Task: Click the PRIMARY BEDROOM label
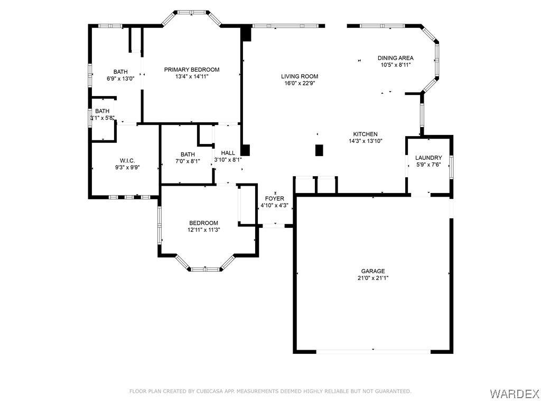click(191, 70)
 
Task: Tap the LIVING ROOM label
click(300, 76)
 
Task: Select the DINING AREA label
click(395, 58)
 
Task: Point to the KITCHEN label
click(366, 134)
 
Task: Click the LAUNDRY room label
click(428, 158)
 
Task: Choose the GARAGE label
click(373, 271)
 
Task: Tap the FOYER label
click(275, 199)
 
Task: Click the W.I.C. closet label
click(127, 161)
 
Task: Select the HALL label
click(228, 153)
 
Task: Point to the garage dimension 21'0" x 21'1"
click(373, 278)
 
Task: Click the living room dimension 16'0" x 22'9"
click(300, 83)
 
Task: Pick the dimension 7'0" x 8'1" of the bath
click(188, 161)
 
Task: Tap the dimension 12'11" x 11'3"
click(203, 230)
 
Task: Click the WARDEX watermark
click(515, 393)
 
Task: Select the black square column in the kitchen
click(319, 150)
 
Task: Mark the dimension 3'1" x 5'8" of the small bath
click(102, 118)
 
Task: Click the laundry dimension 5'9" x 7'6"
click(428, 165)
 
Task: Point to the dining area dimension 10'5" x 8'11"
click(395, 65)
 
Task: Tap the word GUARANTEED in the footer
click(393, 391)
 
